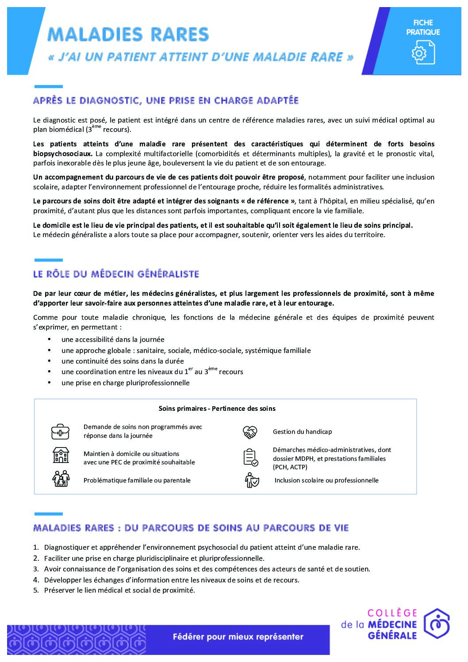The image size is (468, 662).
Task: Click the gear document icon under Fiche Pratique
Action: coord(423,52)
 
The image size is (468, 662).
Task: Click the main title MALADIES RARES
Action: coord(128,34)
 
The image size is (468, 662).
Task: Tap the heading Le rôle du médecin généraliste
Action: coord(116,274)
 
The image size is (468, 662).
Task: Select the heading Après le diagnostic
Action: coord(166,100)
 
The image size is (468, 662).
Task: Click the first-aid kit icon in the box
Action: coord(60,432)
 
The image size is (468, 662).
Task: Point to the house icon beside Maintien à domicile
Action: coord(61,455)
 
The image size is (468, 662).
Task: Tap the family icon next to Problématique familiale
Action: coord(61,479)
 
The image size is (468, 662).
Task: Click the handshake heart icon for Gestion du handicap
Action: coord(250,432)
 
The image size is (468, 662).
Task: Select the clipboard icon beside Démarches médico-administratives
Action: coord(250,457)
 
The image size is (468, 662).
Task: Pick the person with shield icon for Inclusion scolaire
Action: coord(252,480)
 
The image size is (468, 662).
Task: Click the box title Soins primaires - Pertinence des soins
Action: coord(217,409)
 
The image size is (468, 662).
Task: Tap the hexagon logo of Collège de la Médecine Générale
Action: coord(436,624)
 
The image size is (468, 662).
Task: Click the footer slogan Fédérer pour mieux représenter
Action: coord(238,637)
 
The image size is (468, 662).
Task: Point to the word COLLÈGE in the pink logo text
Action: coord(392,613)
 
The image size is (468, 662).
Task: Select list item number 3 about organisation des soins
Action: coord(207,569)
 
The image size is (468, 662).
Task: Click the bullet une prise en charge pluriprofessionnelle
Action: coord(125,383)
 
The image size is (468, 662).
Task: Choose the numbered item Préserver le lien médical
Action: coord(119,590)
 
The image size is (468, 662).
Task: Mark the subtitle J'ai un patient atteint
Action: coord(200,57)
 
